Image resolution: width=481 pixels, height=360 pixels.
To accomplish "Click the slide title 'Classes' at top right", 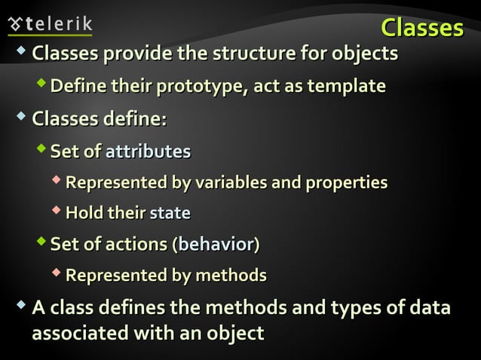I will (x=421, y=27).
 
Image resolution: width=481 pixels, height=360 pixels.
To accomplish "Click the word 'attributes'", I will (x=148, y=151).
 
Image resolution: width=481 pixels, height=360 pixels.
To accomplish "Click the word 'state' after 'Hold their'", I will (x=170, y=213).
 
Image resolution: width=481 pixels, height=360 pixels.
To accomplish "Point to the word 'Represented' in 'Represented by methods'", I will (x=116, y=276).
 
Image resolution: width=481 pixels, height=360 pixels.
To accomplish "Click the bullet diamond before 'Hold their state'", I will (x=57, y=211).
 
